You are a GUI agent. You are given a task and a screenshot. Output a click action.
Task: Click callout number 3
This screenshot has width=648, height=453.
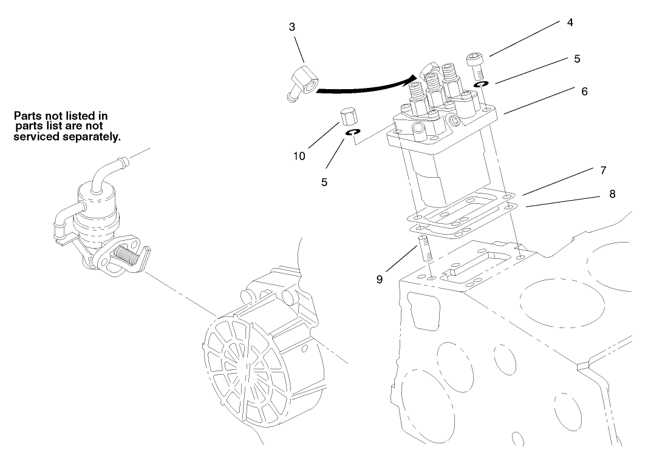293,27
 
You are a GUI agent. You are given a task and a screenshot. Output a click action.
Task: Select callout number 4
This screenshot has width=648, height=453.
569,23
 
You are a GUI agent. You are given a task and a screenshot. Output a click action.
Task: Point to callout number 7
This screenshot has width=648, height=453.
602,170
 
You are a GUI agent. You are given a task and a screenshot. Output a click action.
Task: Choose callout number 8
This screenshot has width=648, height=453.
612,194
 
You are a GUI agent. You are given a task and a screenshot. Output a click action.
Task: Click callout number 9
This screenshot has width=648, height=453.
378,281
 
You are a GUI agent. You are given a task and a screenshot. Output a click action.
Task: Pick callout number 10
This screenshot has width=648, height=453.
299,156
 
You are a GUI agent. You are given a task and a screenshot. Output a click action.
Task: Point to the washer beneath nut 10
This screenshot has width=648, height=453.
353,133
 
